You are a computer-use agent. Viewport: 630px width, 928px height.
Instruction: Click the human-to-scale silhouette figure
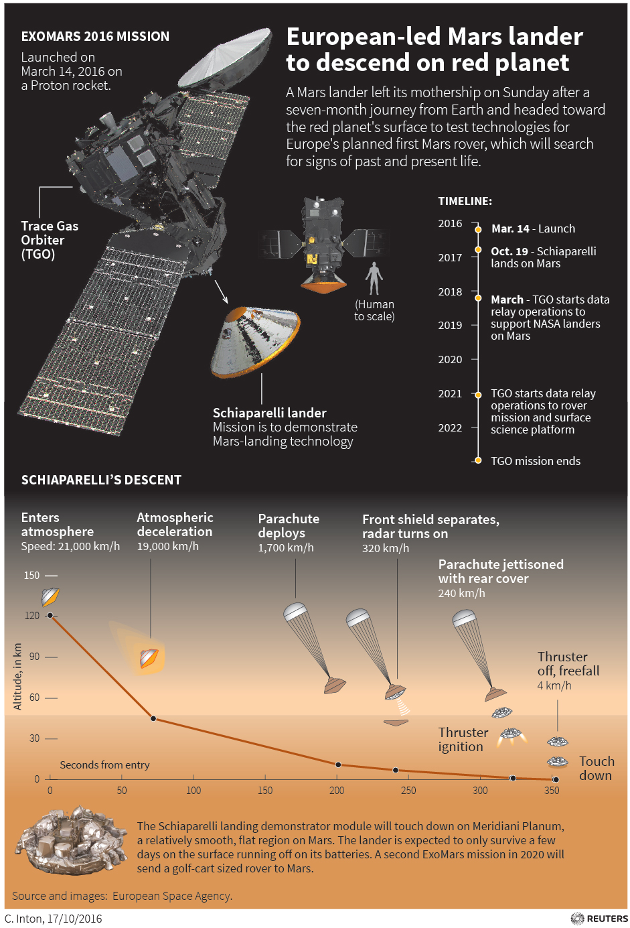[x=374, y=277]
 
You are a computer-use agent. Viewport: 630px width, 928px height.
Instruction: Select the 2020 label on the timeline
[x=450, y=359]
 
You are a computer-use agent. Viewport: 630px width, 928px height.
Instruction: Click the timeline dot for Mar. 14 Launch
[x=478, y=229]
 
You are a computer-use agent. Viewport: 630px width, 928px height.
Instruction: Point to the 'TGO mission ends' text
[x=536, y=461]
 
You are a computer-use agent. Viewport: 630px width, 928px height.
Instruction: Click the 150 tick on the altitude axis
[x=32, y=575]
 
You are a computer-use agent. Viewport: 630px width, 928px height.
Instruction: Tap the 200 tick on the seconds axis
[x=337, y=790]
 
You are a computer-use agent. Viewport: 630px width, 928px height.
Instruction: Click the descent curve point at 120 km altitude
[x=50, y=615]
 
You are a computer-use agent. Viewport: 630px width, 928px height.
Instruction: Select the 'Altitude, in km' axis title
[x=17, y=676]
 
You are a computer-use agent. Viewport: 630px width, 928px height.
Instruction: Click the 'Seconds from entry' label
[x=104, y=765]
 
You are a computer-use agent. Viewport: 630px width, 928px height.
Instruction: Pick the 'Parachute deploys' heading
[x=289, y=526]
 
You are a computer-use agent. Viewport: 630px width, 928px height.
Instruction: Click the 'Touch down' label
[x=596, y=768]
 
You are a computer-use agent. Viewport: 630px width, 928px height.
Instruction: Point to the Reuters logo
[x=599, y=919]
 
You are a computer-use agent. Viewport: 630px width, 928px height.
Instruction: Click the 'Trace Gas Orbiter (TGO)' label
[x=49, y=240]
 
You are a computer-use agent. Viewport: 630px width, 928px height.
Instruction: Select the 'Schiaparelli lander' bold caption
[x=269, y=413]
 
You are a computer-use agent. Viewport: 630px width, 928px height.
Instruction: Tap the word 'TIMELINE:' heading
[x=465, y=201]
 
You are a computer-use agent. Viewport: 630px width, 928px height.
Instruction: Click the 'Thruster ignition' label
[x=463, y=739]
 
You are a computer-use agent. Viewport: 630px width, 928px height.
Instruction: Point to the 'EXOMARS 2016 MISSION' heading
[x=95, y=36]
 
